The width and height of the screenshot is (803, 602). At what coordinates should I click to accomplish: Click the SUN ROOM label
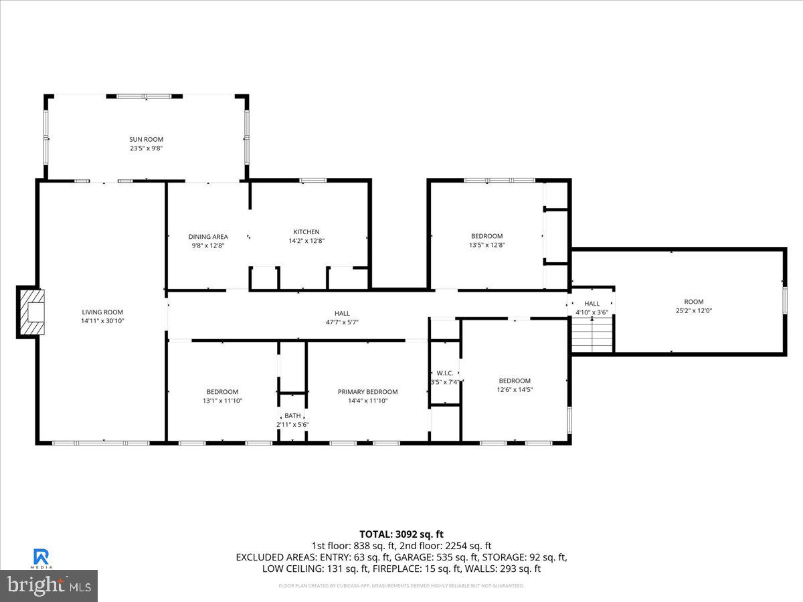(x=146, y=139)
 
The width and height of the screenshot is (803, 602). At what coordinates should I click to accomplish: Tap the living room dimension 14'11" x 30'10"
(x=102, y=321)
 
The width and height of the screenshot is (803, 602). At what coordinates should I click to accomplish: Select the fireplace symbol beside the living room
(x=31, y=312)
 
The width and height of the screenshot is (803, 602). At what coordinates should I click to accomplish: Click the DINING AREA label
(x=207, y=236)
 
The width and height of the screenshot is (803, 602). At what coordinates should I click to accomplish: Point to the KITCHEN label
(x=306, y=232)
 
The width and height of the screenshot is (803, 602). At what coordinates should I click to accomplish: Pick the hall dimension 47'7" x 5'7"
(x=342, y=322)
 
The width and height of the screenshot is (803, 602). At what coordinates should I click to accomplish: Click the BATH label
(x=292, y=415)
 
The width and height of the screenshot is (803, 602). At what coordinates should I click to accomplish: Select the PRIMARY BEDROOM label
(x=367, y=392)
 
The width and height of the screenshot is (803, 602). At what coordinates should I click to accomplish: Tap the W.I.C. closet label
(x=445, y=373)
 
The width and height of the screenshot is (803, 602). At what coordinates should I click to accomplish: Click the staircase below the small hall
(x=592, y=335)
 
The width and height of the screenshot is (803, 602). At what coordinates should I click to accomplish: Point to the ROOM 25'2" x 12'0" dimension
(x=693, y=310)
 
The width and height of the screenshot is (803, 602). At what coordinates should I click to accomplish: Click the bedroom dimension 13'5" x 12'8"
(x=486, y=245)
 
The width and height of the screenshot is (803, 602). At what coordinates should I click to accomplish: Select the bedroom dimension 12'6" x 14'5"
(x=514, y=389)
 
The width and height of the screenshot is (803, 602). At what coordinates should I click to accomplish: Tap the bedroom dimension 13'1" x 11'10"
(x=222, y=401)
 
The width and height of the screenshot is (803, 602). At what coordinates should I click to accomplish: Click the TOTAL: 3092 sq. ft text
(x=401, y=534)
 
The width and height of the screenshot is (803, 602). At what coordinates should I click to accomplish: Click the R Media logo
(x=41, y=558)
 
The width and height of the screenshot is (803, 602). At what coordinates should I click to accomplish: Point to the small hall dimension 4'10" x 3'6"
(x=592, y=312)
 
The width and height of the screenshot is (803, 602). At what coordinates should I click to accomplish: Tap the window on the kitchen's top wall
(x=313, y=180)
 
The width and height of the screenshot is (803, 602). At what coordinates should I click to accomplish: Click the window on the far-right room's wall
(x=784, y=301)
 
